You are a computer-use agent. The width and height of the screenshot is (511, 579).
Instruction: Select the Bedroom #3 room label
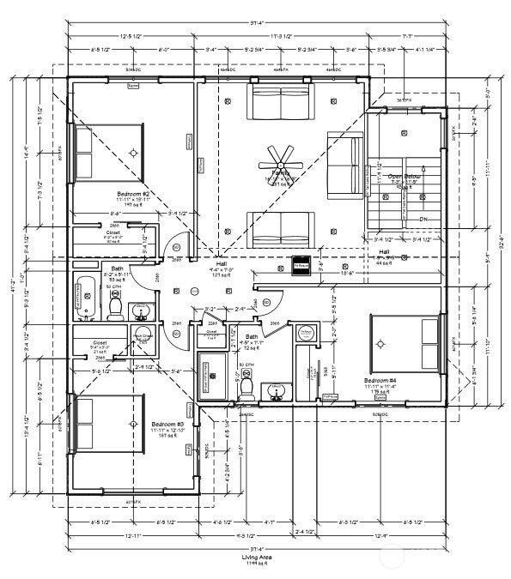[x=167, y=424]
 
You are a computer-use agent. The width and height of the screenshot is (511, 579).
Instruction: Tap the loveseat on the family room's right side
[x=344, y=162]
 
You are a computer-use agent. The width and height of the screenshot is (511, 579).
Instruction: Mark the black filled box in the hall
[x=301, y=265]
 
